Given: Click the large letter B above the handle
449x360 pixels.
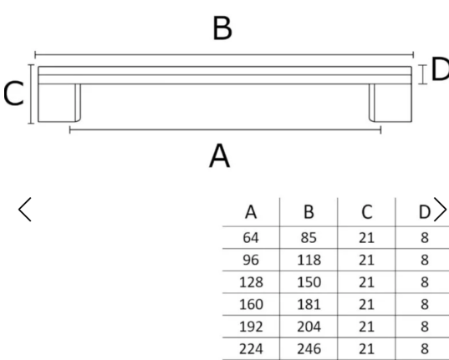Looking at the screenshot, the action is tap(222, 28).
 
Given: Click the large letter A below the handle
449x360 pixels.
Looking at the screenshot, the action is tap(219, 156).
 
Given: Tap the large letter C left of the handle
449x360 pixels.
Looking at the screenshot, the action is tap(13, 94).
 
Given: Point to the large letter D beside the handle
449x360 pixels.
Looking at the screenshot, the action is tap(440, 69).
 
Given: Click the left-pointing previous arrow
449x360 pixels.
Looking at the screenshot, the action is tap(24, 209).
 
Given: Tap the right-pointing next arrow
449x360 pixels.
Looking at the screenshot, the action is tap(440, 209).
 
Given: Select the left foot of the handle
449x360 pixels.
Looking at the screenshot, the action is tap(59, 103).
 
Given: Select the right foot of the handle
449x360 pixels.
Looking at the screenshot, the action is tap(390, 103).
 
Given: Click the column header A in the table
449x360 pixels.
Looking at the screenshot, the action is tap(251, 212).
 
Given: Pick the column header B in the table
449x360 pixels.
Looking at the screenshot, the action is tap(309, 212).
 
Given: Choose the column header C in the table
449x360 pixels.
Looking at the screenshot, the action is tap(367, 212).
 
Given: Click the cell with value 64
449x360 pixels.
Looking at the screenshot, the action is tap(251, 238).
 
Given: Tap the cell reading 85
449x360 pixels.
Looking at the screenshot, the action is tap(309, 238).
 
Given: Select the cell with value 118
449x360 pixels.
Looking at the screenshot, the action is tap(309, 260).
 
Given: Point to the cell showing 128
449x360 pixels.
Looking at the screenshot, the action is tap(251, 282).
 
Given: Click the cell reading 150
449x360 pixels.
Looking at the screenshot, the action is tap(309, 282).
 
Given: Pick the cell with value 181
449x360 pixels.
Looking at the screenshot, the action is tap(309, 305).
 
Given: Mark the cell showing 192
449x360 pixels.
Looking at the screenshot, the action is tap(251, 327).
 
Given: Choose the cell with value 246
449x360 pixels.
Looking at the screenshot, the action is tap(309, 349).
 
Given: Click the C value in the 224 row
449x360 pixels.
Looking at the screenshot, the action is tap(366, 349).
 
